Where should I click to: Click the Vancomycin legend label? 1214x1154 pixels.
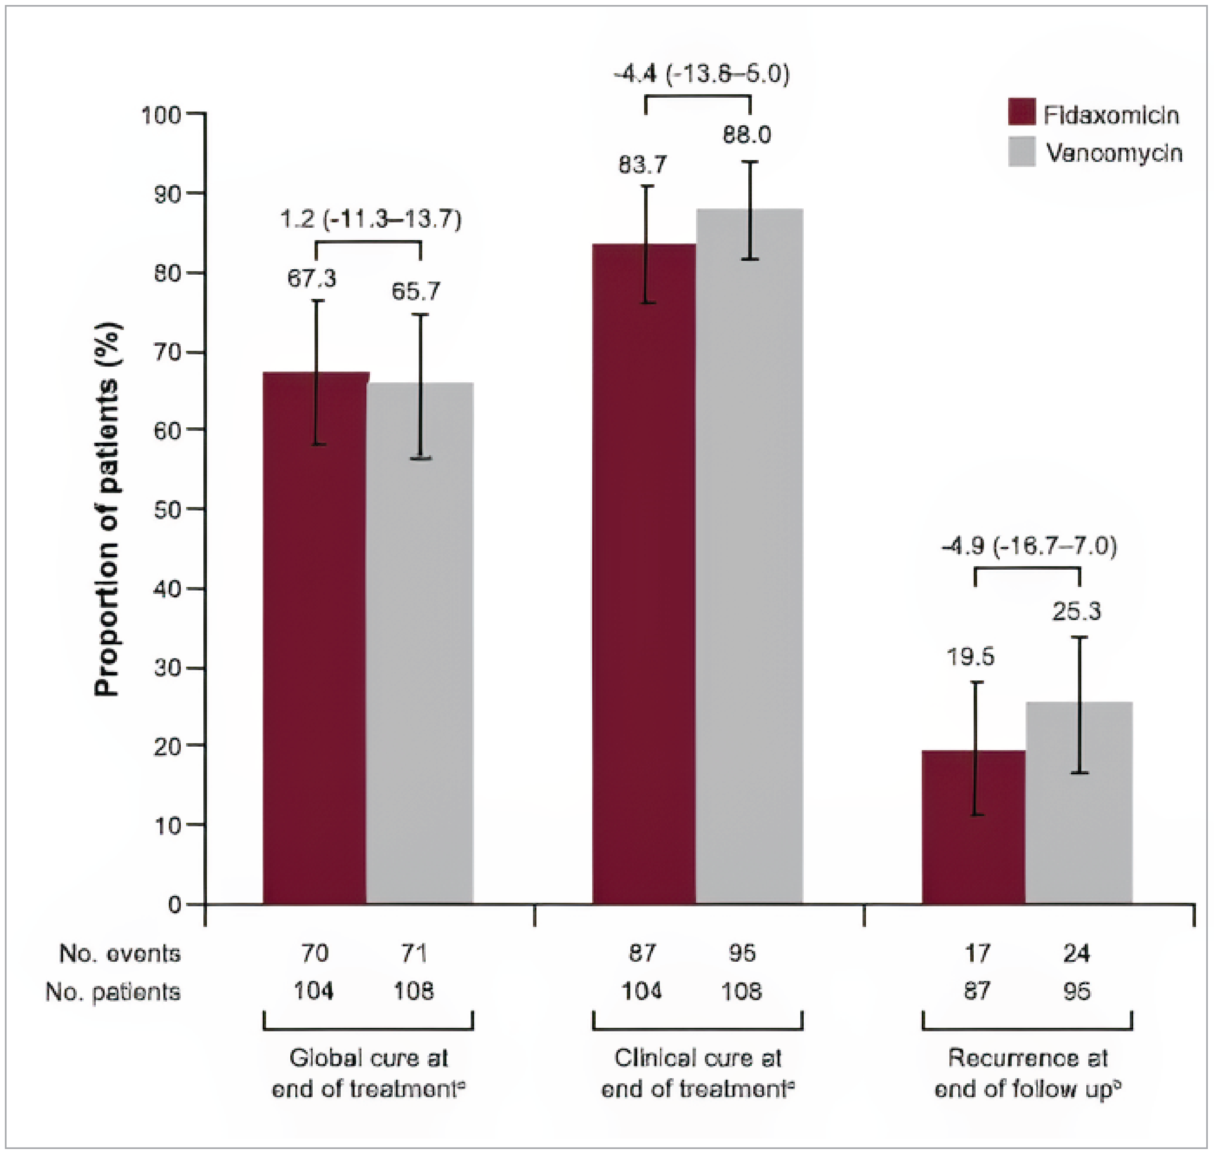(x=1114, y=153)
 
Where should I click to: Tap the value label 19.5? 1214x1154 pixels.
(x=970, y=657)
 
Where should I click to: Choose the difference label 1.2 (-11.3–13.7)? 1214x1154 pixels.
(x=370, y=220)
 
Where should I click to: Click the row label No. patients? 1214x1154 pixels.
(x=113, y=992)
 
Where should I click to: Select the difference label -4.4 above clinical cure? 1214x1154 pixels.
(x=701, y=74)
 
